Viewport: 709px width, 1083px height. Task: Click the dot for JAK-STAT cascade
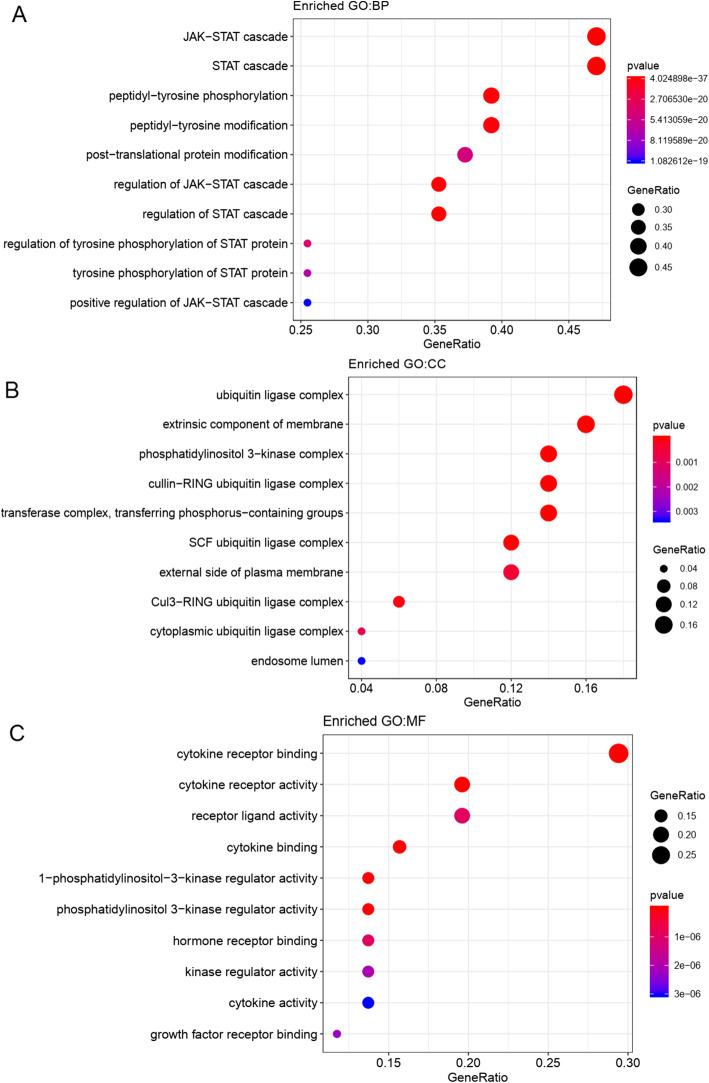point(596,37)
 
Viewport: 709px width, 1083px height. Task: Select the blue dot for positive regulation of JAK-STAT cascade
point(308,302)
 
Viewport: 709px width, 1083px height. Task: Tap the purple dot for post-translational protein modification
point(465,155)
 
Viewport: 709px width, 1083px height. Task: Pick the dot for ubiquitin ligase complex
point(623,395)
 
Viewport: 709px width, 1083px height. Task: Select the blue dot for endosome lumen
point(361,661)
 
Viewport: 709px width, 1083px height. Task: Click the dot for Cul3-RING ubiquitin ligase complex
point(399,602)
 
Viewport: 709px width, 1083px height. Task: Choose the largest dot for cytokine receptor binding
point(618,753)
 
